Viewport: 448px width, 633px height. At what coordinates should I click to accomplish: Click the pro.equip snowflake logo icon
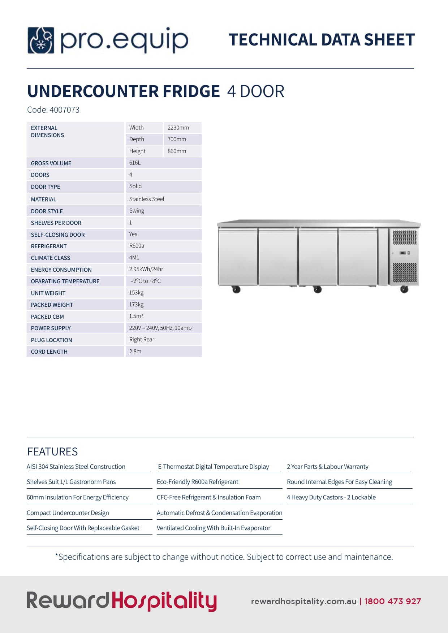click(41, 40)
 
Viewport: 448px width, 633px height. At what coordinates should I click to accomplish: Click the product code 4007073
click(64, 110)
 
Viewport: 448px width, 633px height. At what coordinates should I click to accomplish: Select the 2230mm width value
click(178, 128)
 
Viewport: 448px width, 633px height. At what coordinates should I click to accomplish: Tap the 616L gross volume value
click(135, 163)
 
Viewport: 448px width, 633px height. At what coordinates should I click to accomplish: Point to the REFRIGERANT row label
click(49, 246)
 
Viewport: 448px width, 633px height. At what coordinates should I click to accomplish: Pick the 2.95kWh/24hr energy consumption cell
click(146, 269)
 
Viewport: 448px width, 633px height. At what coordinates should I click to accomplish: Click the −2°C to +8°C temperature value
click(146, 281)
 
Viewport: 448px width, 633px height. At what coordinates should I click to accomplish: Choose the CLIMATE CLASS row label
click(51, 258)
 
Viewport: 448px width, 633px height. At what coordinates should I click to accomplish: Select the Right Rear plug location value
click(142, 340)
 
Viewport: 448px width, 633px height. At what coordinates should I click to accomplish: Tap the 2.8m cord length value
click(135, 352)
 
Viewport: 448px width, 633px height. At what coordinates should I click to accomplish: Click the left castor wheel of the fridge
click(236, 289)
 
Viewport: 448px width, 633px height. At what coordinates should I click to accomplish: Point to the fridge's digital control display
click(404, 253)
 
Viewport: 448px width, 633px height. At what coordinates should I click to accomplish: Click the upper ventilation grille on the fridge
click(405, 237)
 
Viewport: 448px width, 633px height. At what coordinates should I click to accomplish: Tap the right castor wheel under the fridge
click(404, 289)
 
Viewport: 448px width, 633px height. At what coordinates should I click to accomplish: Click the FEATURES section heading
click(52, 451)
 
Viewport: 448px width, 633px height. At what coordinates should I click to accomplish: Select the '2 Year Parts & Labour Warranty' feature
click(327, 467)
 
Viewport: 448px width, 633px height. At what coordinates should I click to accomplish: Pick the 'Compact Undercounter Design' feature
click(68, 513)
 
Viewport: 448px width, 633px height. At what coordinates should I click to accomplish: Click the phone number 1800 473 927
click(392, 601)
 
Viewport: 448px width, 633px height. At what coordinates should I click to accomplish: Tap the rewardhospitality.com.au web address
click(303, 601)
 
